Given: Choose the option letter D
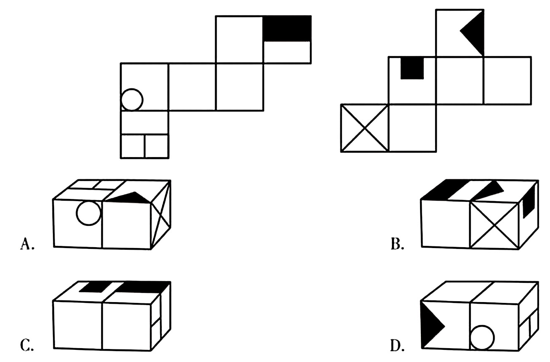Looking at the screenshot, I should click(396, 346).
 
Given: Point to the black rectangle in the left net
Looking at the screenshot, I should click(287, 28).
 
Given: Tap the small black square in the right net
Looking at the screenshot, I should click(412, 68).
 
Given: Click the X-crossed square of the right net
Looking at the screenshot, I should click(364, 128).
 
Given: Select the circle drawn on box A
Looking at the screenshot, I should click(88, 213).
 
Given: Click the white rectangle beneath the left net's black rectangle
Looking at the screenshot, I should click(287, 52).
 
